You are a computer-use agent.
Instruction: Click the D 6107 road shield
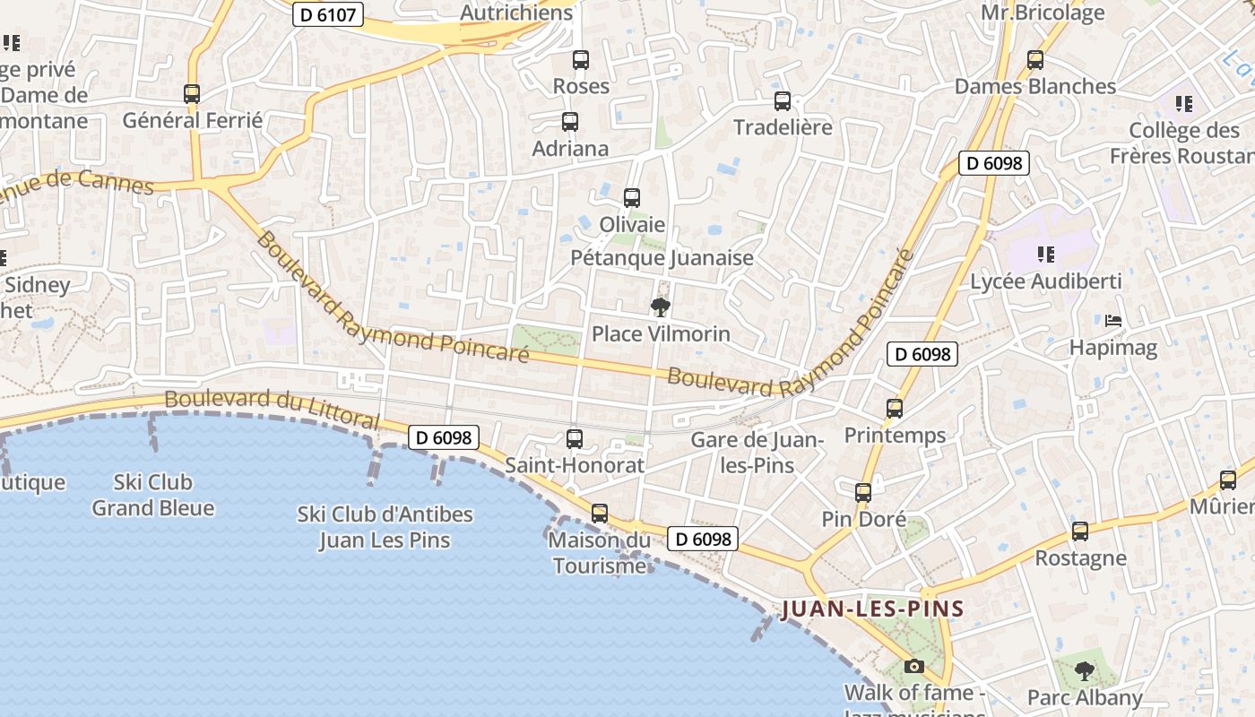[x=328, y=14]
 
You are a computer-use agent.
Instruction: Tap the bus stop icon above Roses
[x=581, y=60]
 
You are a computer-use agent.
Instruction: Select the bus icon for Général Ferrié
[x=192, y=93]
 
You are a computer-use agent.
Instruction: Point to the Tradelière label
[x=783, y=127]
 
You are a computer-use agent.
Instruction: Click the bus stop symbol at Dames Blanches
[x=1035, y=60]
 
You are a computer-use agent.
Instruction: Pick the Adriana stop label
[x=570, y=149]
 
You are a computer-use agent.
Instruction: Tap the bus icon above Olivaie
[x=632, y=198]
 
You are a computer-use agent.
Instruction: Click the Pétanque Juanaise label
[x=662, y=258]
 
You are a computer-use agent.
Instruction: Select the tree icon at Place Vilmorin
[x=661, y=308]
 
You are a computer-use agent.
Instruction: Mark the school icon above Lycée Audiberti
[x=1045, y=255]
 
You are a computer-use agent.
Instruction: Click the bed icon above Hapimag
[x=1113, y=321]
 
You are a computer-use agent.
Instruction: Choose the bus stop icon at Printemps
[x=895, y=409]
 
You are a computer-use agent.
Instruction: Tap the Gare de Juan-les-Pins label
[x=757, y=453]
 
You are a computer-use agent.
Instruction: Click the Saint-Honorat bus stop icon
[x=575, y=439]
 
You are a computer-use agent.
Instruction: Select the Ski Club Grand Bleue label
[x=153, y=495]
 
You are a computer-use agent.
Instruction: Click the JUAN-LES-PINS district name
[x=872, y=609]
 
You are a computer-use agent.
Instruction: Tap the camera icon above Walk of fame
[x=914, y=666]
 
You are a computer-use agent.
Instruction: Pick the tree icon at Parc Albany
[x=1085, y=670]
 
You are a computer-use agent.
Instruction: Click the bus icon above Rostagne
[x=1080, y=531]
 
